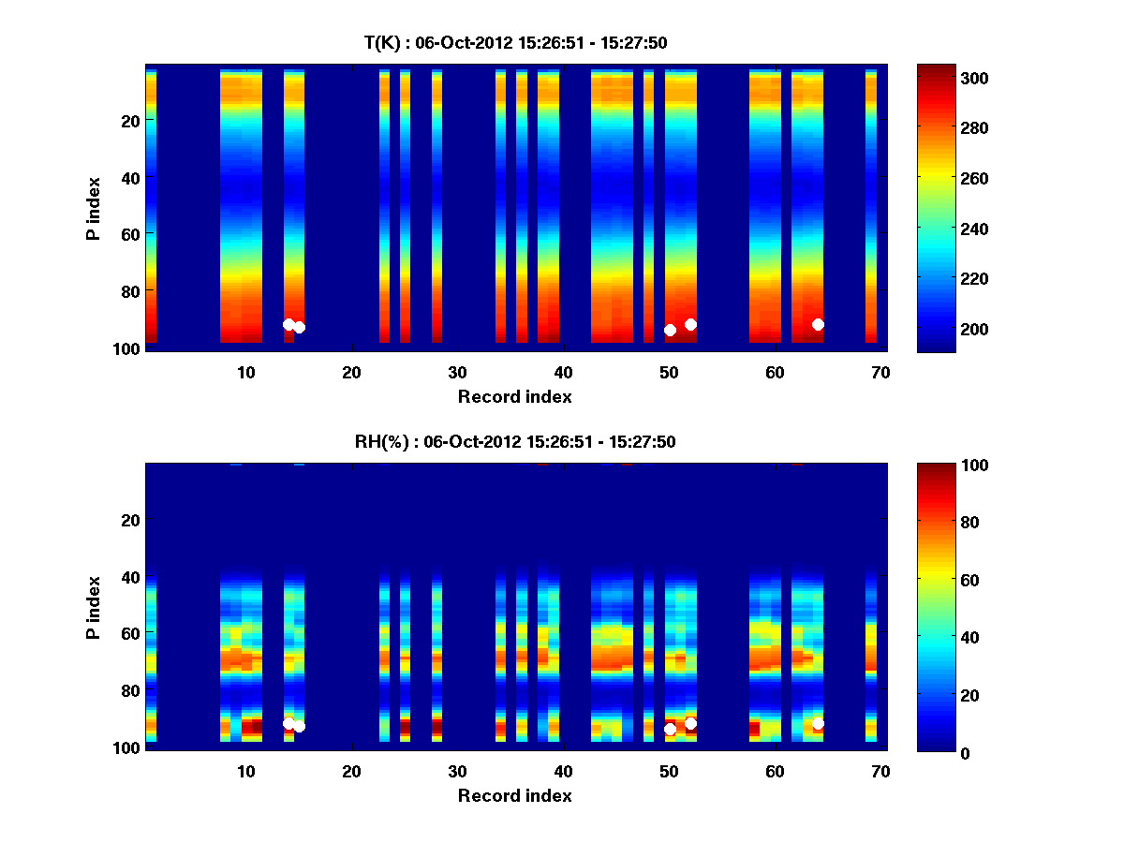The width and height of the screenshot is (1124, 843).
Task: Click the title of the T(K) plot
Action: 515,42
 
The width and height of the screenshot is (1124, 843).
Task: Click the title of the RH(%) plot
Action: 515,441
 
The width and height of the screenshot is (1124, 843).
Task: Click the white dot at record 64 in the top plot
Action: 818,324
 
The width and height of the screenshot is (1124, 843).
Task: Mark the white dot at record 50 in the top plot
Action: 670,330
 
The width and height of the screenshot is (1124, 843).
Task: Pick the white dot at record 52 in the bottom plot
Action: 690,723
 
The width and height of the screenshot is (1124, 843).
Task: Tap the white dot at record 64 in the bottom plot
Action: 818,723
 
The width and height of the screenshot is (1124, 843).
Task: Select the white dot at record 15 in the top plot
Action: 299,327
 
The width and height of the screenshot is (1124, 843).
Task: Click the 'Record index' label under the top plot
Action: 514,396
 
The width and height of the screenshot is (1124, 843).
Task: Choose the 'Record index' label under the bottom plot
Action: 514,795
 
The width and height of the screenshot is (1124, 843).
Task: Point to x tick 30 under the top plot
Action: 457,372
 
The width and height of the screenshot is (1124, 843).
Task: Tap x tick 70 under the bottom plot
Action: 880,771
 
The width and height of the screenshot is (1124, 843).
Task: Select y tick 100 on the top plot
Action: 128,348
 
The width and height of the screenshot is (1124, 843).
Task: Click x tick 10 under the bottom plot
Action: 245,771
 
